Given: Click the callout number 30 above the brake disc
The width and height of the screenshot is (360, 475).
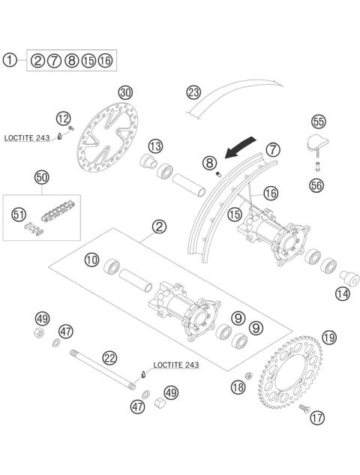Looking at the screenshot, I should [125, 92].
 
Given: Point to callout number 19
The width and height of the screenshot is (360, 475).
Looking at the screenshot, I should [308, 337].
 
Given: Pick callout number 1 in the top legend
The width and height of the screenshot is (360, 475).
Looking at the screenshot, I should [9, 59].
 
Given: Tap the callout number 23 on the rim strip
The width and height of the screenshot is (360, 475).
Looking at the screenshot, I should [194, 92].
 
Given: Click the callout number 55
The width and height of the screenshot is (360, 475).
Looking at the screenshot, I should [318, 121].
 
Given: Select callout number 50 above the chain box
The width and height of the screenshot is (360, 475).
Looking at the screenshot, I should [42, 177].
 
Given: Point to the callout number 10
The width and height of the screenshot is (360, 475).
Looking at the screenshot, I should [92, 260].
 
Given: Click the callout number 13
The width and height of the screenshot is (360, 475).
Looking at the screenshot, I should [155, 145].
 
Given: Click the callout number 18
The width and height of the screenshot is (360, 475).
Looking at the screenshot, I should [238, 387].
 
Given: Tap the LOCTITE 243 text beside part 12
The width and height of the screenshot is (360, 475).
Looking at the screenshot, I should [27, 138].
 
